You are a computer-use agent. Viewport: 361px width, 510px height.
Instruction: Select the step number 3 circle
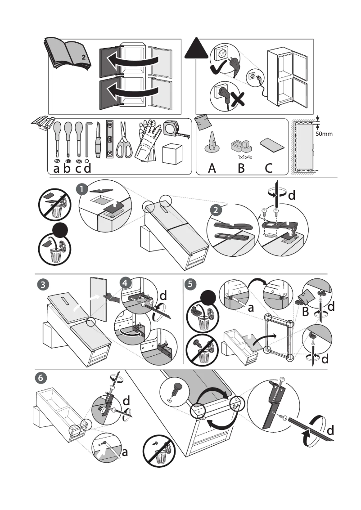click(x=42, y=284)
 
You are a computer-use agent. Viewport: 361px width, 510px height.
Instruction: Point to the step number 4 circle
click(x=126, y=283)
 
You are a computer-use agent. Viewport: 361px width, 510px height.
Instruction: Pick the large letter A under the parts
click(x=212, y=169)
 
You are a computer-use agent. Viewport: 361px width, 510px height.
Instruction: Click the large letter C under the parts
click(x=269, y=169)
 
